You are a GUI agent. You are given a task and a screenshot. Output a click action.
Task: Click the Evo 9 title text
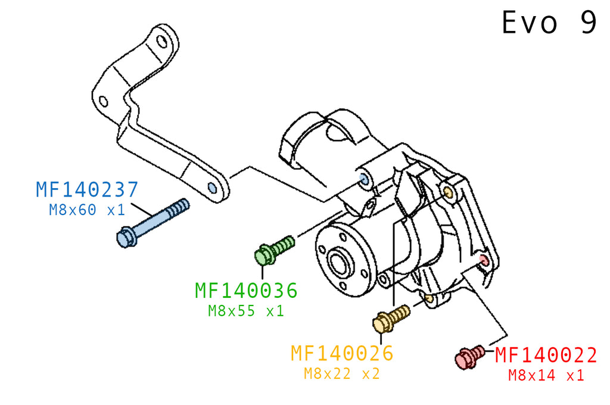(549, 23)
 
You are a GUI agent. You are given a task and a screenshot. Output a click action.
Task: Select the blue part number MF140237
(87, 189)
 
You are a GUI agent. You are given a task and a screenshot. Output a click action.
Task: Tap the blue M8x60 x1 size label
(87, 210)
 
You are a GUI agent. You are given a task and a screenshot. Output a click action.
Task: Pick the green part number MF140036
(246, 290)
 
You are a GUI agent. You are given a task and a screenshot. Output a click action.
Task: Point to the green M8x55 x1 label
(246, 310)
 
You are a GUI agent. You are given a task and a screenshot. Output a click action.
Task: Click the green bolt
(274, 250)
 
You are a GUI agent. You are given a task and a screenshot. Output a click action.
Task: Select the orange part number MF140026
(342, 353)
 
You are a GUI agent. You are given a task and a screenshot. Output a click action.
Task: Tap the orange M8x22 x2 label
(342, 374)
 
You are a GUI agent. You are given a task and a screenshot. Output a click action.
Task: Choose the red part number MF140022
(546, 355)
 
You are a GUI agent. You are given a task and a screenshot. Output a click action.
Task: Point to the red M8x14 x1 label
(546, 375)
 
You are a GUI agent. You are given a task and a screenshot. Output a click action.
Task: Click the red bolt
(469, 357)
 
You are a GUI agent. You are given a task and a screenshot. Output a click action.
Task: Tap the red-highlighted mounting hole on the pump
(483, 260)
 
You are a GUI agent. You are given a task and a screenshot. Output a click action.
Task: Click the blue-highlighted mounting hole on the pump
(364, 179)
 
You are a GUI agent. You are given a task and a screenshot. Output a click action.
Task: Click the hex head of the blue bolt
(126, 238)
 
